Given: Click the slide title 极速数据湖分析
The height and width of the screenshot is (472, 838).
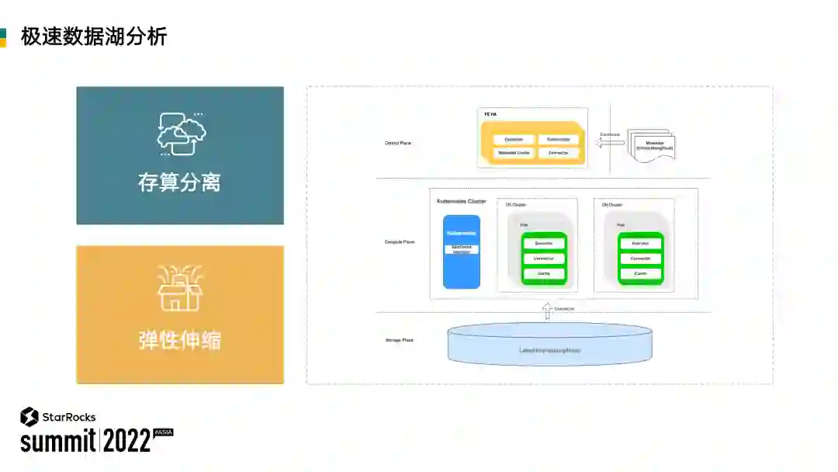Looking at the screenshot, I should [94, 36].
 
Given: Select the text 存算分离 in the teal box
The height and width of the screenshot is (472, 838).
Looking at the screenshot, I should [179, 183].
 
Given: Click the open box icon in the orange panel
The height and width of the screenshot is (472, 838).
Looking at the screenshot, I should [179, 290].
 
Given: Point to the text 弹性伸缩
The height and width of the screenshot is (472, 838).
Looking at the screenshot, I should [179, 340].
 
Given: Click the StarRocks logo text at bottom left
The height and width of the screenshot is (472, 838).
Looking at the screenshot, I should [69, 418].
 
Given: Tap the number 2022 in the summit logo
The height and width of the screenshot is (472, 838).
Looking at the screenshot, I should [127, 441].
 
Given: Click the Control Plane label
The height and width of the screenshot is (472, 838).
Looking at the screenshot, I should [398, 143].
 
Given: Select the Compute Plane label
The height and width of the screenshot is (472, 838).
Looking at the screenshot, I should [400, 241].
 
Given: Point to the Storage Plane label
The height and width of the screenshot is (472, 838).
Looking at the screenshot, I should [399, 340].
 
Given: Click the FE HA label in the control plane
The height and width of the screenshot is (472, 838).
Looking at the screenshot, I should [490, 114].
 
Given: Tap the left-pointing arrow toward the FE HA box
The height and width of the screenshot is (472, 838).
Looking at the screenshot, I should [611, 142].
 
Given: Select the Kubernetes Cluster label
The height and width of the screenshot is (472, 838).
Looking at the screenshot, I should [461, 201].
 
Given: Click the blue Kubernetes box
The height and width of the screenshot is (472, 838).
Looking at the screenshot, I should [461, 252].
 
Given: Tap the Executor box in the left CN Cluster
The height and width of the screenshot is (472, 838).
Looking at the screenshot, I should [544, 243].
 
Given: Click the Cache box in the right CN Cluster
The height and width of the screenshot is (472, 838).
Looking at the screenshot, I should [640, 274].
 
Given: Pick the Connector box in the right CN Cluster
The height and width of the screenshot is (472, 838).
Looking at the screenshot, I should [640, 259].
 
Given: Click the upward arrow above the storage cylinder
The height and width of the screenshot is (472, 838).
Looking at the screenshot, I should [546, 311].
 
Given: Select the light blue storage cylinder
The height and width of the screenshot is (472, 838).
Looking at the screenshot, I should [550, 345].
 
